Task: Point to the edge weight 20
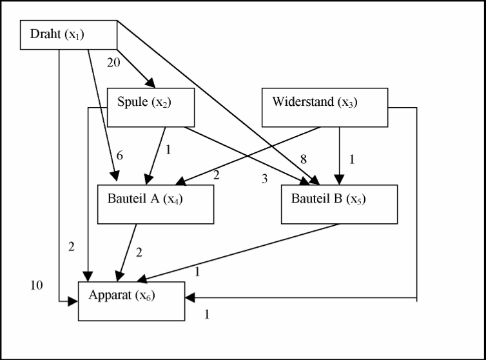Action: [113, 62]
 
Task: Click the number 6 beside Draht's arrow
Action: [119, 155]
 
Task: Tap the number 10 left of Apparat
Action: [37, 285]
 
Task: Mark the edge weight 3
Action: [264, 179]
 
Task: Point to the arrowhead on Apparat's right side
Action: [191, 299]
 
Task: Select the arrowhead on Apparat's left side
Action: [74, 301]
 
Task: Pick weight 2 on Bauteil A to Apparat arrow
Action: [139, 252]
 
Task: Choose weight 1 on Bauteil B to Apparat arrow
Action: [197, 271]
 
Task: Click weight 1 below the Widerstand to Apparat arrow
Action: [207, 314]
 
